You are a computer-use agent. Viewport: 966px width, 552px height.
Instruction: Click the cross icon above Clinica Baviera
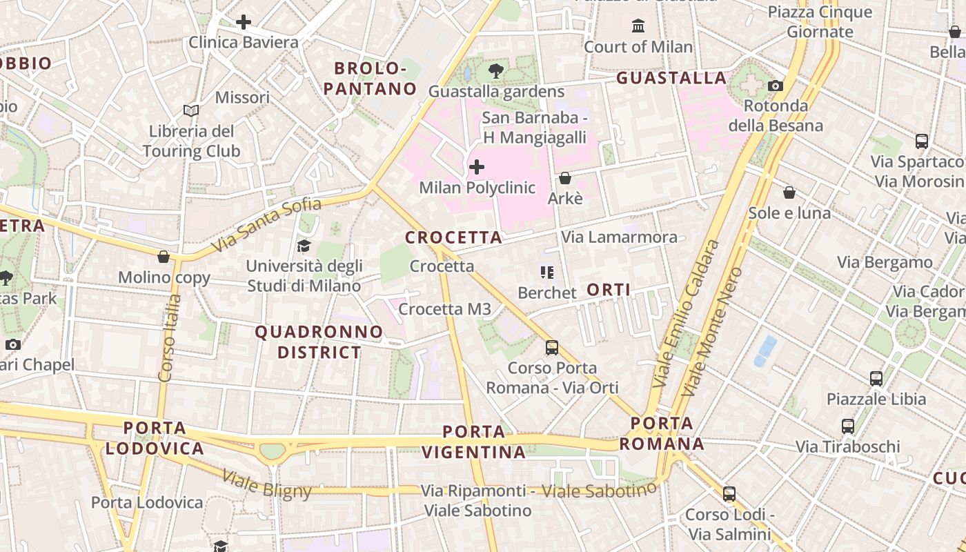pyautogui.click(x=243, y=22)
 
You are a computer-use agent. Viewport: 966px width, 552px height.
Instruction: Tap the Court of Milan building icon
pyautogui.click(x=638, y=26)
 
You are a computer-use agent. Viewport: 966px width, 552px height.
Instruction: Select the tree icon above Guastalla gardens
pyautogui.click(x=495, y=70)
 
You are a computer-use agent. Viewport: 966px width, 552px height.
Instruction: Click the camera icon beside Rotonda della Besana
pyautogui.click(x=776, y=86)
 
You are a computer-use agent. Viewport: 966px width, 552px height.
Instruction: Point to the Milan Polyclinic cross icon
pyautogui.click(x=476, y=167)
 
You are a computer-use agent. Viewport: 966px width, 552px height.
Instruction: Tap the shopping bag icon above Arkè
pyautogui.click(x=565, y=178)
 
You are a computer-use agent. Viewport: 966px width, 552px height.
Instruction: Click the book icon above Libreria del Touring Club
pyautogui.click(x=191, y=110)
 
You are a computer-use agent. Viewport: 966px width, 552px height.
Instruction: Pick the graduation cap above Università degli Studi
pyautogui.click(x=304, y=246)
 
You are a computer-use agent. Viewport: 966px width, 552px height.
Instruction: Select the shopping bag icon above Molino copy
pyautogui.click(x=164, y=257)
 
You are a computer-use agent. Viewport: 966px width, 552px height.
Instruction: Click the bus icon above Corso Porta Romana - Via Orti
pyautogui.click(x=552, y=347)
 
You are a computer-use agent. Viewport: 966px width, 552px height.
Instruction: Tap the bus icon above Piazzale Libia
pyautogui.click(x=876, y=378)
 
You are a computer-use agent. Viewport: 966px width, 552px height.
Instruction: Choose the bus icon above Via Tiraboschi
pyautogui.click(x=848, y=426)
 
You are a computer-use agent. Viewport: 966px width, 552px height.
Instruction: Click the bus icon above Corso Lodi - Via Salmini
pyautogui.click(x=729, y=493)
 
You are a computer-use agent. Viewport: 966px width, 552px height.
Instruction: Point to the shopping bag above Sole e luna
pyautogui.click(x=789, y=192)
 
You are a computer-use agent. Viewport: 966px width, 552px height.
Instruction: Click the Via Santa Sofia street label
pyautogui.click(x=266, y=225)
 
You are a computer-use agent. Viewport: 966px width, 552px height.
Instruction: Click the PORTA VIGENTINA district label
pyautogui.click(x=474, y=442)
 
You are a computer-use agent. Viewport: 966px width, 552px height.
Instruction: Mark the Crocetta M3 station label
pyautogui.click(x=445, y=309)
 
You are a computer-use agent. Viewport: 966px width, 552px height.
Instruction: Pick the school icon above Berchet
pyautogui.click(x=547, y=273)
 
